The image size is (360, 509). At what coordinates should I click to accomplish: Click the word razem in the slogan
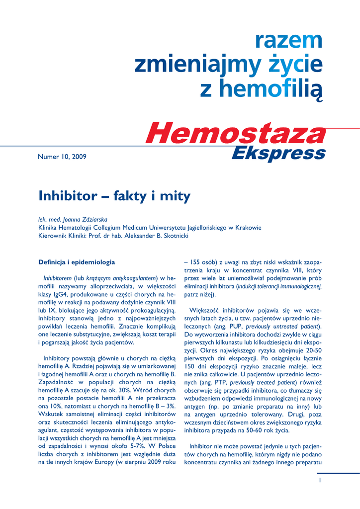(x=288, y=40)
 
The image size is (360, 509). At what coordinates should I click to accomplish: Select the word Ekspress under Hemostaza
(x=278, y=153)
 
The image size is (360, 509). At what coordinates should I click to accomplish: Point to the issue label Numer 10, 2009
(x=62, y=157)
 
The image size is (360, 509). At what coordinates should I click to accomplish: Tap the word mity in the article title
(x=175, y=196)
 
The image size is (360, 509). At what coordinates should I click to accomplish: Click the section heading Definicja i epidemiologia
(x=77, y=262)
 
